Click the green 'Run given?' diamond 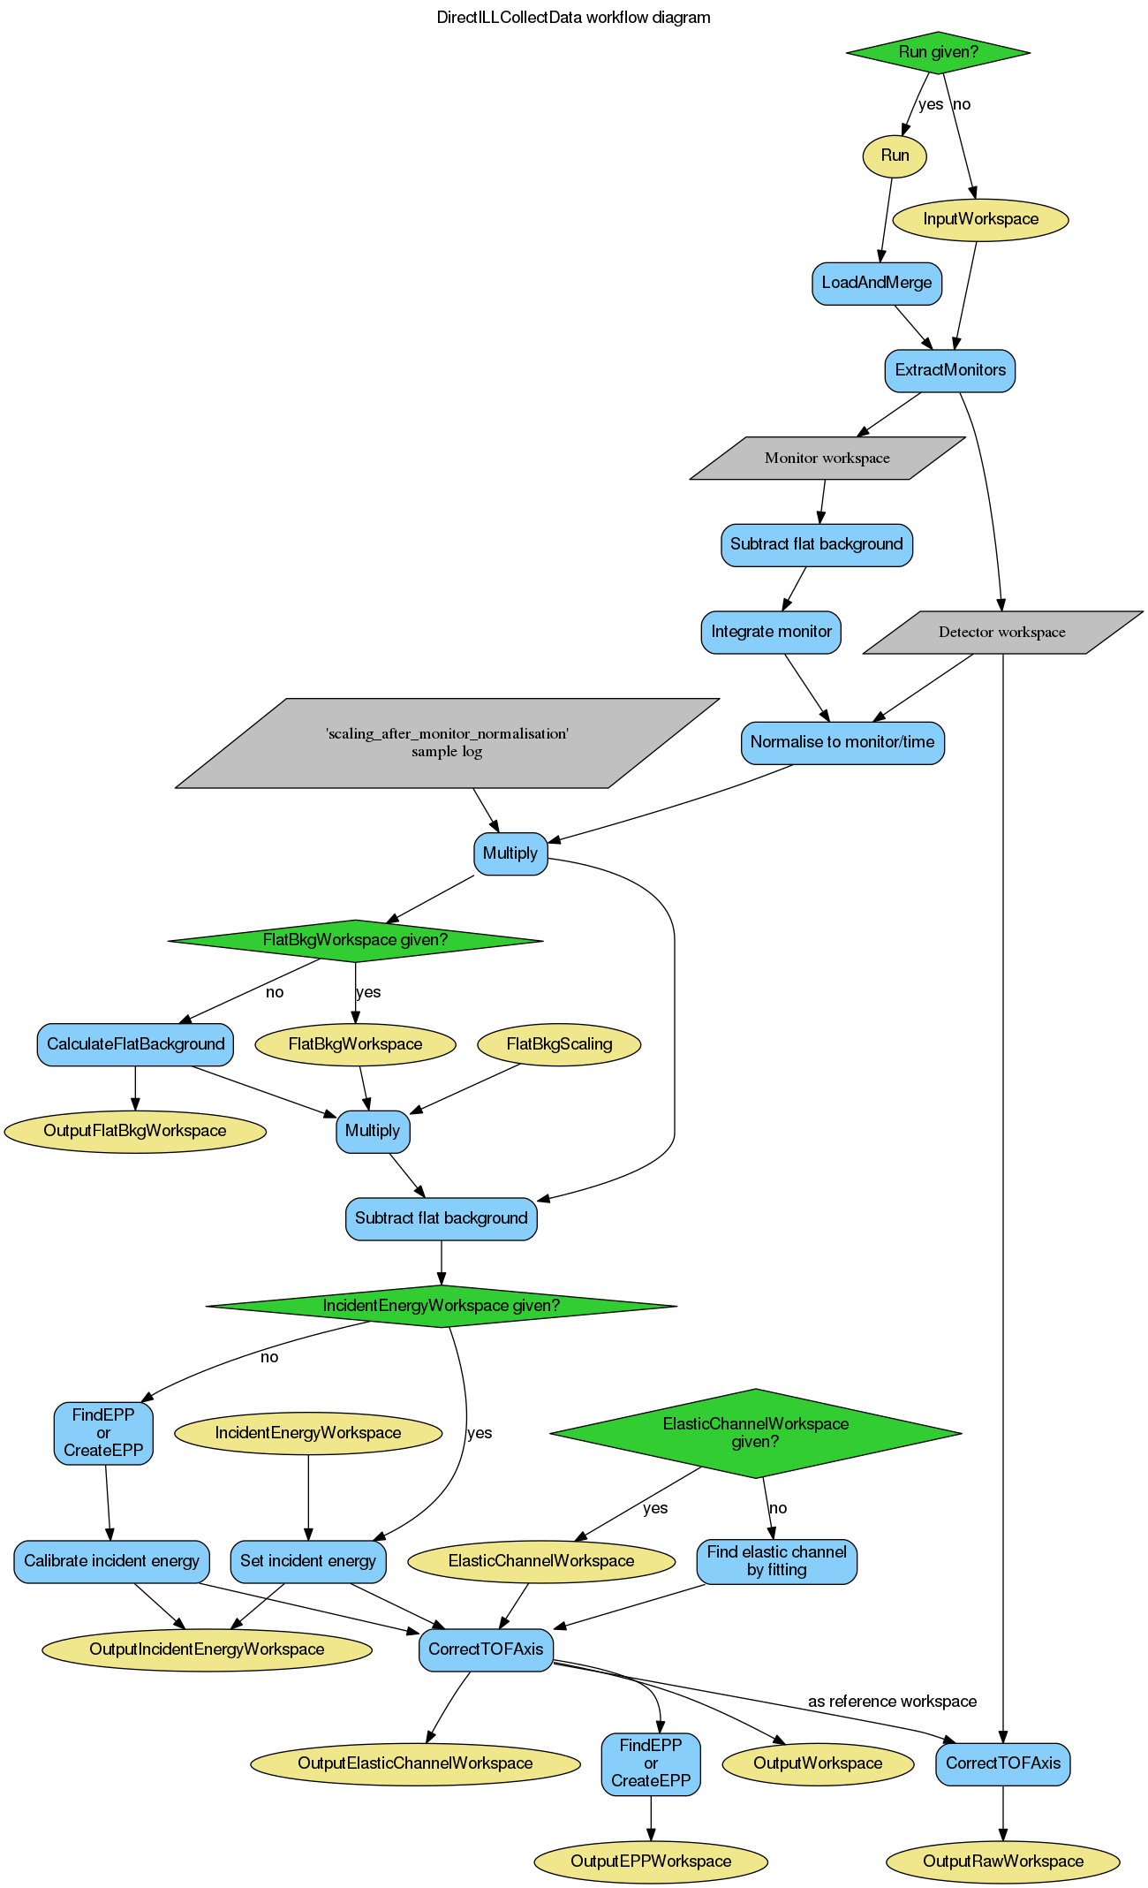pos(938,52)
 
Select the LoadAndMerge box pos(876,283)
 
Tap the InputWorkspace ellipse pos(980,219)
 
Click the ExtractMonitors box pos(949,370)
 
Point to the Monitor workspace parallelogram pos(827,459)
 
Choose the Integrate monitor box pos(771,632)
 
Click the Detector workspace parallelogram pos(1001,633)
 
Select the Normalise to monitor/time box pos(842,742)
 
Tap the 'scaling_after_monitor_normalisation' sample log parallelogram pos(447,743)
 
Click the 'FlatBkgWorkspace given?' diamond pos(355,940)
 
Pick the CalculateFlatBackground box pos(135,1044)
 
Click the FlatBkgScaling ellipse pos(559,1044)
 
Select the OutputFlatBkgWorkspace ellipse pos(135,1131)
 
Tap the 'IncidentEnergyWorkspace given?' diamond pos(441,1306)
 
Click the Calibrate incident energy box pos(111,1561)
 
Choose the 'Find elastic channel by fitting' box pos(776,1561)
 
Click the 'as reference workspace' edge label pos(892,1702)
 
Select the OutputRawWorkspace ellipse pos(1002,1861)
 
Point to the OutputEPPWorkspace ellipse pos(651,1861)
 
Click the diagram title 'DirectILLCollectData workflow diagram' pos(573,18)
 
